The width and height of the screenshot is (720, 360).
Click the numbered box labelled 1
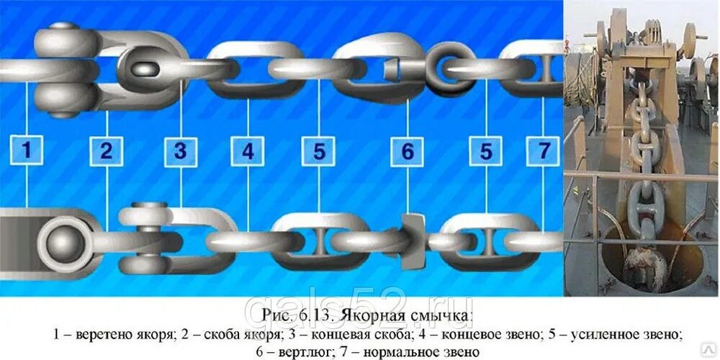pyautogui.click(x=27, y=151)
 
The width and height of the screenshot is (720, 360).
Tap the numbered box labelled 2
pyautogui.click(x=107, y=151)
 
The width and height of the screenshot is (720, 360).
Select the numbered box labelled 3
pyautogui.click(x=180, y=151)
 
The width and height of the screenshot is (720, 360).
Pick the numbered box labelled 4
pyautogui.click(x=248, y=151)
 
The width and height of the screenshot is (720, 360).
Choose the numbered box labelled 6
pyautogui.click(x=408, y=151)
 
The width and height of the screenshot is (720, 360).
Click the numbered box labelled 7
pyautogui.click(x=543, y=151)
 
